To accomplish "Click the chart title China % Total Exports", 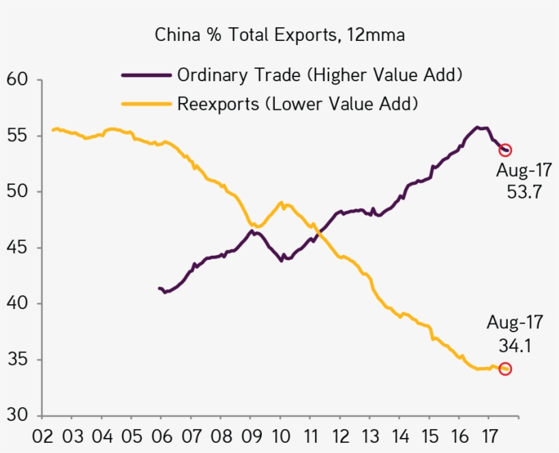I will click(x=279, y=35).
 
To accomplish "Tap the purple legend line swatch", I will click(x=145, y=74).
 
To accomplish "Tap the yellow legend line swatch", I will click(x=145, y=104).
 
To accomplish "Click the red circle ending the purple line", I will click(x=505, y=150).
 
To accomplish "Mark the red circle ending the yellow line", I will click(x=505, y=369).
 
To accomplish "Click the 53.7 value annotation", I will click(x=524, y=192).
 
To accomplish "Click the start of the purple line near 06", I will click(x=159, y=289).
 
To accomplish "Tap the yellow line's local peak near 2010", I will click(x=282, y=203).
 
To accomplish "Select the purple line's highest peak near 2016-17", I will click(x=477, y=127).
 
